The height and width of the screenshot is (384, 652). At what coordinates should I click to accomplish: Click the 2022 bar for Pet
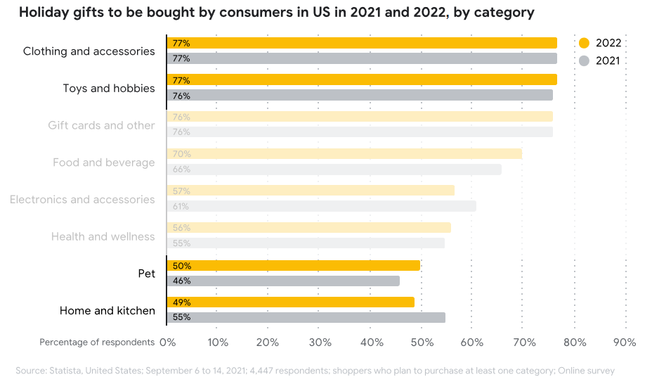click(294, 266)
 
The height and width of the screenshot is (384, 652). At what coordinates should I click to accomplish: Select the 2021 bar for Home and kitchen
click(306, 317)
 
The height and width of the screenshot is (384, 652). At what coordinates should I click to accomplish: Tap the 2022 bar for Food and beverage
click(344, 154)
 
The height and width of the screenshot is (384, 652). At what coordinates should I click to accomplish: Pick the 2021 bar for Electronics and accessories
click(322, 206)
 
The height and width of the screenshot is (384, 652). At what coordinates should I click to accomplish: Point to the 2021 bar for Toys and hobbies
click(360, 95)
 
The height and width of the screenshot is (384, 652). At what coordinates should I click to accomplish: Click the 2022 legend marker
click(584, 43)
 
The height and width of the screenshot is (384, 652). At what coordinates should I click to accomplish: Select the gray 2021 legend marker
click(584, 61)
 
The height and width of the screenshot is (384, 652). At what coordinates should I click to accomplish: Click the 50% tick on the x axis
click(422, 343)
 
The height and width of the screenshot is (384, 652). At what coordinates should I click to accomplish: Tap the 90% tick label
click(625, 343)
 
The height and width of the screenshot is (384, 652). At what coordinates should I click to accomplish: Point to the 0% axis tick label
click(167, 343)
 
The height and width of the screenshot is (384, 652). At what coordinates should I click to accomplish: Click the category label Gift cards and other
click(101, 125)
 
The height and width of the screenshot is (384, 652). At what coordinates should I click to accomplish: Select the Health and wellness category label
click(103, 236)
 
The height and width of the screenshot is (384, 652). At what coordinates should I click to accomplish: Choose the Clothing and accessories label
click(89, 51)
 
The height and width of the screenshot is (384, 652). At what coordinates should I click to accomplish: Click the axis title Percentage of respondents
click(97, 343)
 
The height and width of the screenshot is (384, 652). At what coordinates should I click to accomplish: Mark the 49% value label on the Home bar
click(181, 302)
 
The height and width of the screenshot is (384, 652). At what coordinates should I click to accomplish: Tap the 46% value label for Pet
click(181, 281)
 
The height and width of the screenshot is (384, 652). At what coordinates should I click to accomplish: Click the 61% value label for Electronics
click(181, 206)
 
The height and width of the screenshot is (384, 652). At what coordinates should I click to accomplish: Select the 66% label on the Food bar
click(181, 169)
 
